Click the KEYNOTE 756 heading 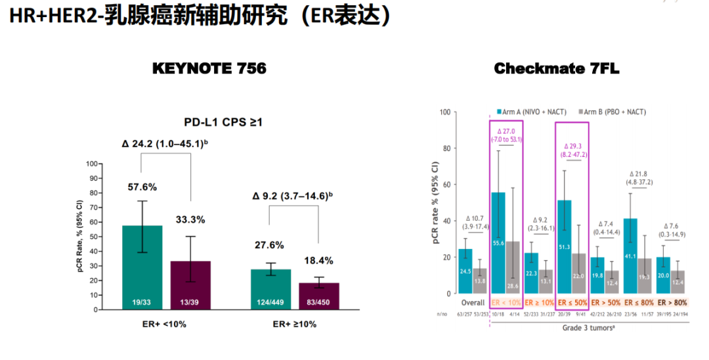click(209, 68)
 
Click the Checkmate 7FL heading click(557, 68)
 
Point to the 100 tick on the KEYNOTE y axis click(95, 164)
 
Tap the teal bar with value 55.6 click(499, 243)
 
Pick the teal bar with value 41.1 click(631, 256)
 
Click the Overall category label click(472, 303)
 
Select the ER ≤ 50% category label click(572, 303)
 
